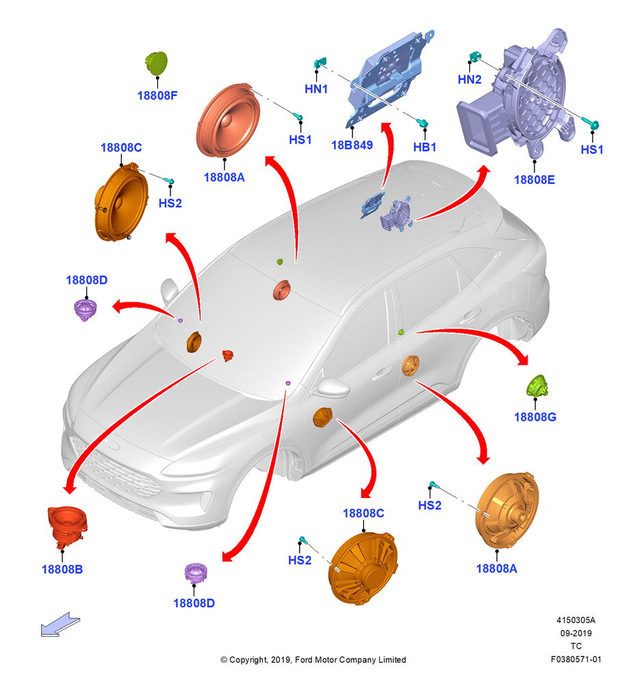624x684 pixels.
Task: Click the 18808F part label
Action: pyautogui.click(x=157, y=95)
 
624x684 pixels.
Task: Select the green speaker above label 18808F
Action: pyautogui.click(x=157, y=64)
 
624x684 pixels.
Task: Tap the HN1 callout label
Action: pyautogui.click(x=316, y=88)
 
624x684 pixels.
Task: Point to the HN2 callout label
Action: pyautogui.click(x=469, y=79)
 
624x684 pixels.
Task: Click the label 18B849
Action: pyautogui.click(x=352, y=145)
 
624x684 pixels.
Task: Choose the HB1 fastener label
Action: pyautogui.click(x=425, y=147)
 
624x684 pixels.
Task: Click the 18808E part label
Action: pyautogui.click(x=534, y=179)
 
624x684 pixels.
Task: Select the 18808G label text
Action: pyautogui.click(x=535, y=417)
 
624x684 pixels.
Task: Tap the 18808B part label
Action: pyautogui.click(x=62, y=569)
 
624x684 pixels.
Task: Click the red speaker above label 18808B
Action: pyautogui.click(x=68, y=526)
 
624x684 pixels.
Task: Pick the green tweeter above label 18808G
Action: pyautogui.click(x=537, y=386)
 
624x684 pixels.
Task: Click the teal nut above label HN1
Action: pyautogui.click(x=320, y=63)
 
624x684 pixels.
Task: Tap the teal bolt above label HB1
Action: pyautogui.click(x=422, y=123)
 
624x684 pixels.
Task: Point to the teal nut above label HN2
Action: pyautogui.click(x=474, y=56)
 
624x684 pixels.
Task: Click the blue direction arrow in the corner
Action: pyautogui.click(x=60, y=624)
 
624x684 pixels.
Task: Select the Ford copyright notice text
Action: pyautogui.click(x=313, y=659)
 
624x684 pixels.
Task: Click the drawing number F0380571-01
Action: pyautogui.click(x=575, y=659)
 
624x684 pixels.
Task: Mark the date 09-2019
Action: pyautogui.click(x=575, y=633)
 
